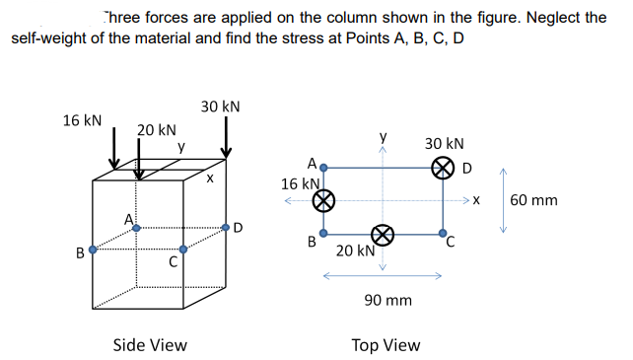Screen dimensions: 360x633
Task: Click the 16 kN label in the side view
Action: pos(82,120)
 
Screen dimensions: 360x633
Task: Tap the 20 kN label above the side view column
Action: pos(157,130)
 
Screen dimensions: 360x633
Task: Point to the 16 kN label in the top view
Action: pos(300,183)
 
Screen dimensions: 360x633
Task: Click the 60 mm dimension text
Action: pos(534,201)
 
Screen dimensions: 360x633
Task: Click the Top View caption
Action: pos(386,344)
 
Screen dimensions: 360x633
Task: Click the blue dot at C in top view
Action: pos(445,235)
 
